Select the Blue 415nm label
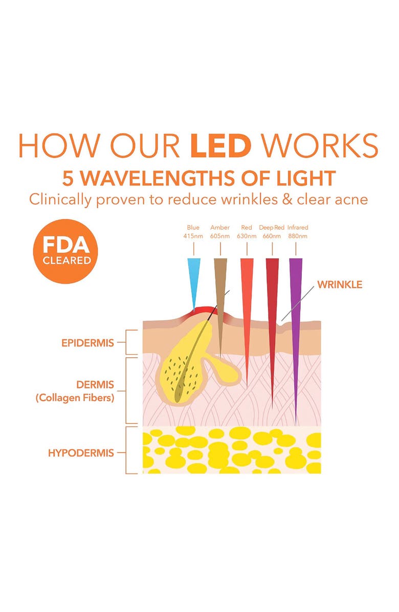pyautogui.click(x=193, y=232)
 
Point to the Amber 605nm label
pyautogui.click(x=220, y=232)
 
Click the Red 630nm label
pyautogui.click(x=247, y=232)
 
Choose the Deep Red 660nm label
pyautogui.click(x=272, y=232)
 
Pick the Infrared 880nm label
pyautogui.click(x=298, y=232)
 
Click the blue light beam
pyautogui.click(x=194, y=276)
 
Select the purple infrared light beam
pyautogui.click(x=296, y=307)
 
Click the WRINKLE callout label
pyautogui.click(x=340, y=285)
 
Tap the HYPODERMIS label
pyautogui.click(x=81, y=453)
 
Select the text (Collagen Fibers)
pyautogui.click(x=75, y=398)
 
